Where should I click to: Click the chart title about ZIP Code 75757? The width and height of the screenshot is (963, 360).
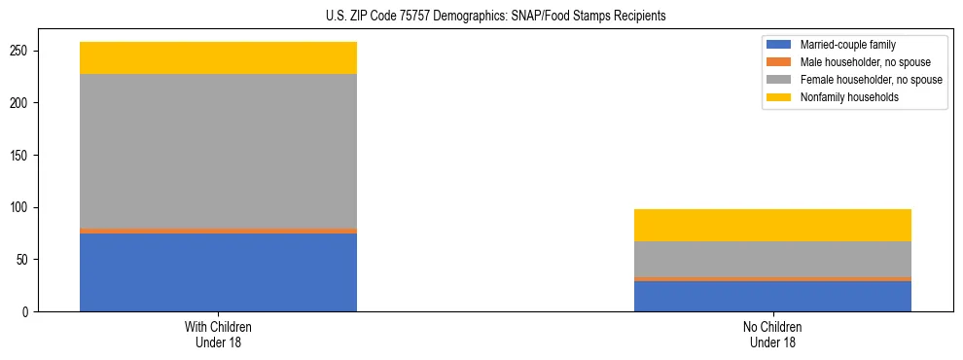pos(496,17)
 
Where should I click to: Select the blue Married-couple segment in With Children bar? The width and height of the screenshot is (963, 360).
pos(218,272)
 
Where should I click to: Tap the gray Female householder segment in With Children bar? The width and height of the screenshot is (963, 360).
pos(218,151)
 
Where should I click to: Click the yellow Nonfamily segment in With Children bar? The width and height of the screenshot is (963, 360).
pos(218,57)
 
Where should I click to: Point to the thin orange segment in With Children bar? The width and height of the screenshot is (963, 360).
pos(218,231)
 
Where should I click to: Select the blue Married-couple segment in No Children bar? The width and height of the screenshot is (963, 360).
pos(772,296)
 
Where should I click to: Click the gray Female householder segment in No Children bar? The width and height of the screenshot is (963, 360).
pos(772,259)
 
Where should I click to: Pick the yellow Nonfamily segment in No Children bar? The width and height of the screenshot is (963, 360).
pos(772,225)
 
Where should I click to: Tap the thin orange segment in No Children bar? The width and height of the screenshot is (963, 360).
pos(772,278)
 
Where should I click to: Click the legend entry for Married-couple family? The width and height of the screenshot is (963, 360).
pos(847,45)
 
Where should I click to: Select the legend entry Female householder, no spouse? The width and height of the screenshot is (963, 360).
pos(870,80)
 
